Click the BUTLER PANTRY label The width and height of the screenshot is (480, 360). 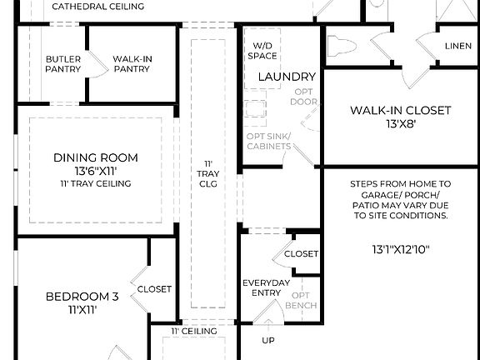[x=63, y=64]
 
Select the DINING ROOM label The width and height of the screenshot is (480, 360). [x=96, y=157]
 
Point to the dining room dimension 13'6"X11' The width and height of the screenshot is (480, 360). [x=96, y=171]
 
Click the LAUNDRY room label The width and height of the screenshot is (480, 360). [x=287, y=77]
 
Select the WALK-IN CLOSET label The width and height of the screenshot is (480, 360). [x=400, y=110]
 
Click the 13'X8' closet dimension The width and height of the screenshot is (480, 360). [x=400, y=124]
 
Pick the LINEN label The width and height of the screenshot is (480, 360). [x=457, y=46]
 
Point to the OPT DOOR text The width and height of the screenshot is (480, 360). [x=302, y=97]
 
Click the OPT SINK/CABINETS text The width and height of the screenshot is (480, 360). [x=267, y=142]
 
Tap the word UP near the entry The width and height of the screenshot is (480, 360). [x=268, y=340]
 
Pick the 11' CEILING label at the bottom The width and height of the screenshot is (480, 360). [x=194, y=331]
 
